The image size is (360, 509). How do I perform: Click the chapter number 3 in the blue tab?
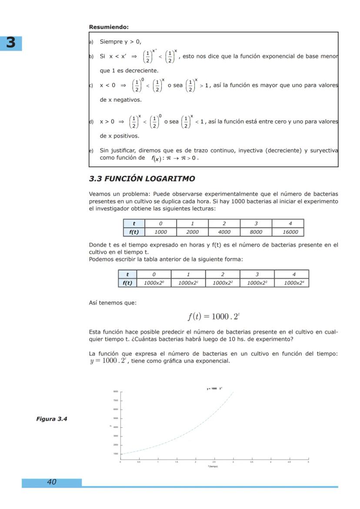coord(11,43)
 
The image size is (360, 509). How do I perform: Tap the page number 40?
coord(51,482)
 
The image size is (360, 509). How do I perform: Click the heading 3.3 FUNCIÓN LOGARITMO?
coord(142,179)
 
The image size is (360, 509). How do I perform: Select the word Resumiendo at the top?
coord(109,27)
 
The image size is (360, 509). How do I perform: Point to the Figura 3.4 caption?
coord(51,419)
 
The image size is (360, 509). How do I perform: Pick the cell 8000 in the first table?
coord(256,232)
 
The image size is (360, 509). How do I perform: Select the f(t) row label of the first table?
coord(134,232)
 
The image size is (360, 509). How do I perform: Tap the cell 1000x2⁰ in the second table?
coord(154,283)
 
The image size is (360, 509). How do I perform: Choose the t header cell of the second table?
coord(127,274)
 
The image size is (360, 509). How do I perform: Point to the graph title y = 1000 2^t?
coord(214,389)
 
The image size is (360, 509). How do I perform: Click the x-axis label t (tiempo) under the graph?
coord(213,466)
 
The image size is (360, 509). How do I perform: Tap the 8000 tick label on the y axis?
coord(116,392)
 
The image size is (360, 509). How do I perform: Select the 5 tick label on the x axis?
coord(308,462)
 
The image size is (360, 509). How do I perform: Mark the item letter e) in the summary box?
coord(91,150)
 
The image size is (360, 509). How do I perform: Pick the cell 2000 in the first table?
coord(192,232)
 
